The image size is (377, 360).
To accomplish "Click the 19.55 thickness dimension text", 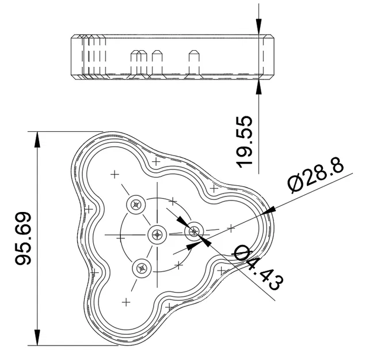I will tap(245, 142).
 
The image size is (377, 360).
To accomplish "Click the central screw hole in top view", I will tap(157, 234).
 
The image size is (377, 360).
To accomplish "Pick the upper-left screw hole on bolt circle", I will tap(136, 203).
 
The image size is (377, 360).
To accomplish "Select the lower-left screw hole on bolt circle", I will tap(141, 267).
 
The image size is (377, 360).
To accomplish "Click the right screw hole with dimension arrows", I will tap(194, 232).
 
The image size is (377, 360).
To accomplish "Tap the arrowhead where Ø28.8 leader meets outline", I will tap(269, 212).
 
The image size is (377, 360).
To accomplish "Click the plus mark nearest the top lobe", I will tap(115, 173).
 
